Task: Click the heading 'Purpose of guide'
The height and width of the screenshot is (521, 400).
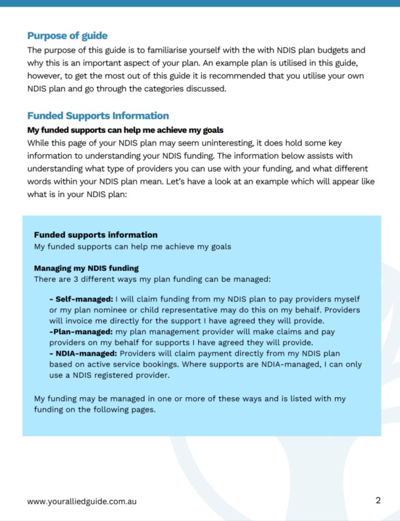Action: coord(67,36)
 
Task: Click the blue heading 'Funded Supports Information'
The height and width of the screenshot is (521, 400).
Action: coord(98,115)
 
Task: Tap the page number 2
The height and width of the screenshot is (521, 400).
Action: coord(378,500)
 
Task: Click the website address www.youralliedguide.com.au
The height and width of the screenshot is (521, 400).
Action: coord(82,501)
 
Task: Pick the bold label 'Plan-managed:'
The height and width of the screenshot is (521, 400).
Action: coord(80,331)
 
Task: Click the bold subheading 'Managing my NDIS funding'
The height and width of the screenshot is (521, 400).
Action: coord(86,268)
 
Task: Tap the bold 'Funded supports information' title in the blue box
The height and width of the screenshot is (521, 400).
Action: coord(95,235)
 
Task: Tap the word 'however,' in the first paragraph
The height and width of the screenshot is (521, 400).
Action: coord(46,76)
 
